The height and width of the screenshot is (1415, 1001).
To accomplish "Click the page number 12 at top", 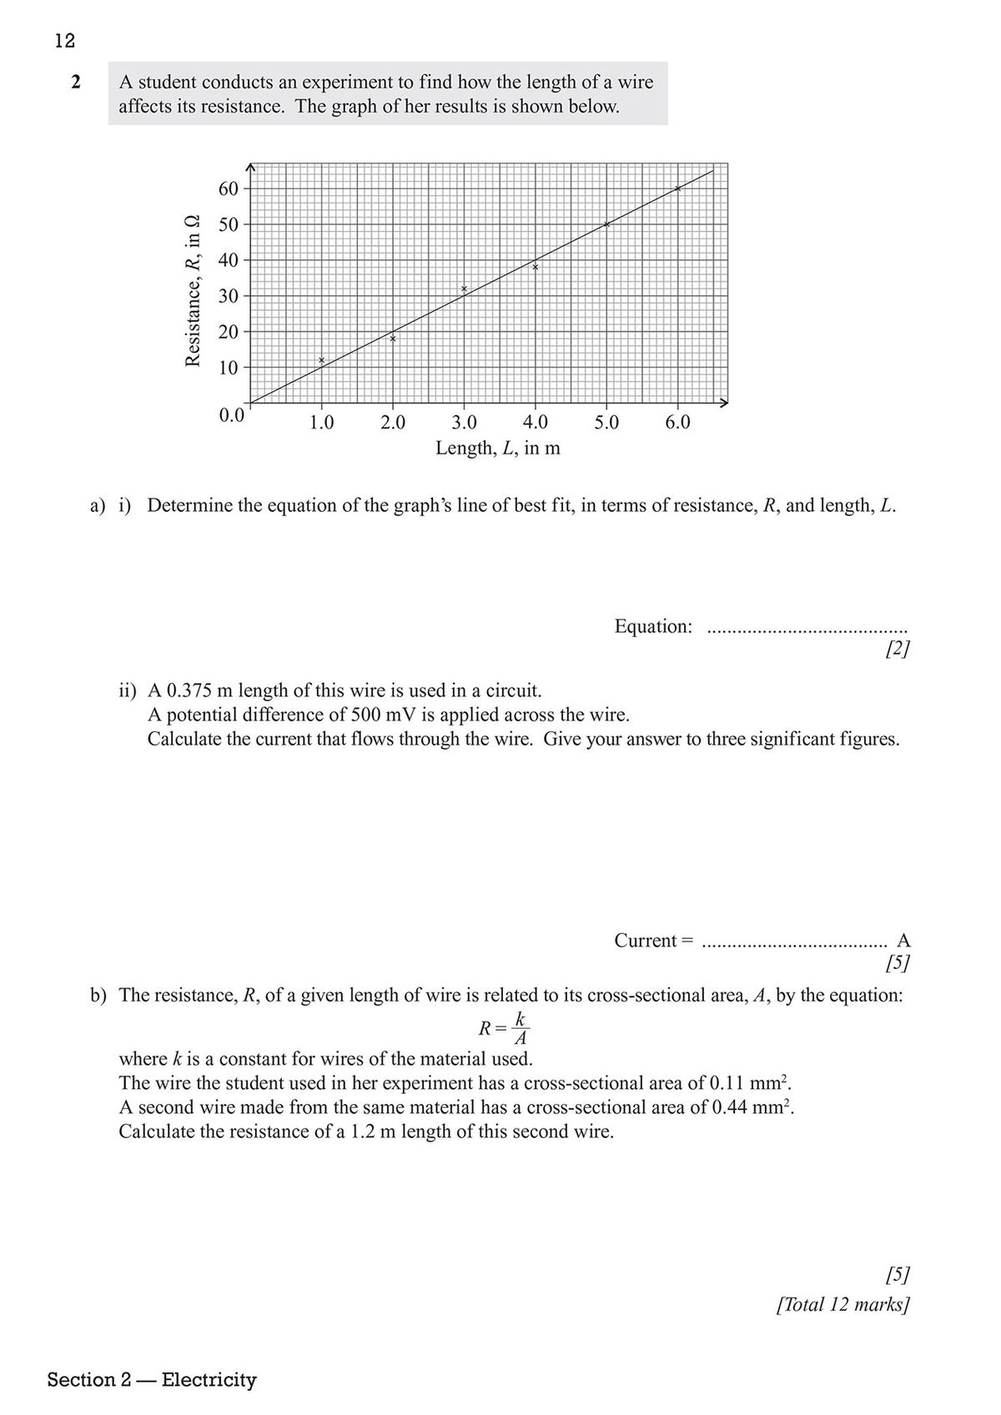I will [65, 40].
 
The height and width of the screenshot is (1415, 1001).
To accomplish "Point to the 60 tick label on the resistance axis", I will [229, 188].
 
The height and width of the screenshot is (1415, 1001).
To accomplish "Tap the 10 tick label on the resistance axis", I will [229, 368].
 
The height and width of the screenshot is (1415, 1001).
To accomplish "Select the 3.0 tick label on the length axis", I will [464, 423].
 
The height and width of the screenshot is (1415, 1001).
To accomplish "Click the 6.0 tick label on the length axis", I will [677, 423].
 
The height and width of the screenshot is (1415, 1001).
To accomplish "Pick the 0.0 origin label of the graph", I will [231, 415].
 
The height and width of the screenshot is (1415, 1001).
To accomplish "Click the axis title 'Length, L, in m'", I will [498, 449].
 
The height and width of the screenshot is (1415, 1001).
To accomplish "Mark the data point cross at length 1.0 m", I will [321, 360].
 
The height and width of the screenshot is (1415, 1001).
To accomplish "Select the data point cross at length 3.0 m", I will [464, 289].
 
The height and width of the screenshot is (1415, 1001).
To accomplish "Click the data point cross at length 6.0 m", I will [677, 188].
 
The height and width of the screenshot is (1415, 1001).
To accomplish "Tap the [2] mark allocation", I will [898, 649].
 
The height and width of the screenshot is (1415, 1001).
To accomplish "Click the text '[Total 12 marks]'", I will [843, 1304].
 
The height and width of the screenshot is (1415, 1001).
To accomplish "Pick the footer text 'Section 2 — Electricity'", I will [152, 1380].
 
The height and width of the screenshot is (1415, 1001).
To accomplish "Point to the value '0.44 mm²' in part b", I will [752, 1107].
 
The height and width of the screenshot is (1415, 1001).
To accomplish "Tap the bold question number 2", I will [76, 83].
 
